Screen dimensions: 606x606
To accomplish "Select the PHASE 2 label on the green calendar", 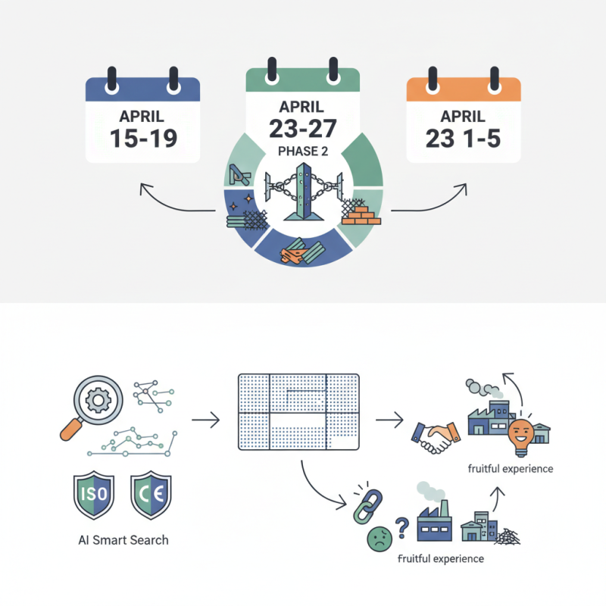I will [302, 151].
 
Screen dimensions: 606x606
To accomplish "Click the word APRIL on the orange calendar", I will [463, 117].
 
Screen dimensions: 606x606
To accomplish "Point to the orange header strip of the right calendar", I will [464, 89].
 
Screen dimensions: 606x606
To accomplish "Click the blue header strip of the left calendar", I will [142, 89].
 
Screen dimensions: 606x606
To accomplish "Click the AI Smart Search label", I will [123, 540].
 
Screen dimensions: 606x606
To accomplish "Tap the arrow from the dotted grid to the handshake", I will [389, 419].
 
